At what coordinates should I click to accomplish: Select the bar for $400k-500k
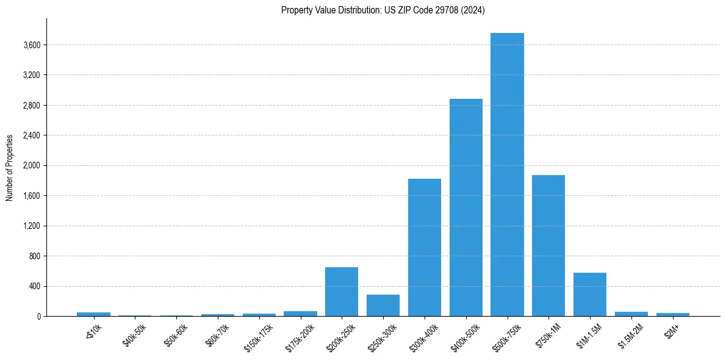tap(465, 207)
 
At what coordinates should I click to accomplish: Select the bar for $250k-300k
tap(383, 305)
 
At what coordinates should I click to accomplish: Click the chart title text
tap(383, 10)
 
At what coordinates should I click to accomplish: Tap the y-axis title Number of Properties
tap(10, 167)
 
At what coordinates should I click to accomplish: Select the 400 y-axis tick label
tap(35, 286)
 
